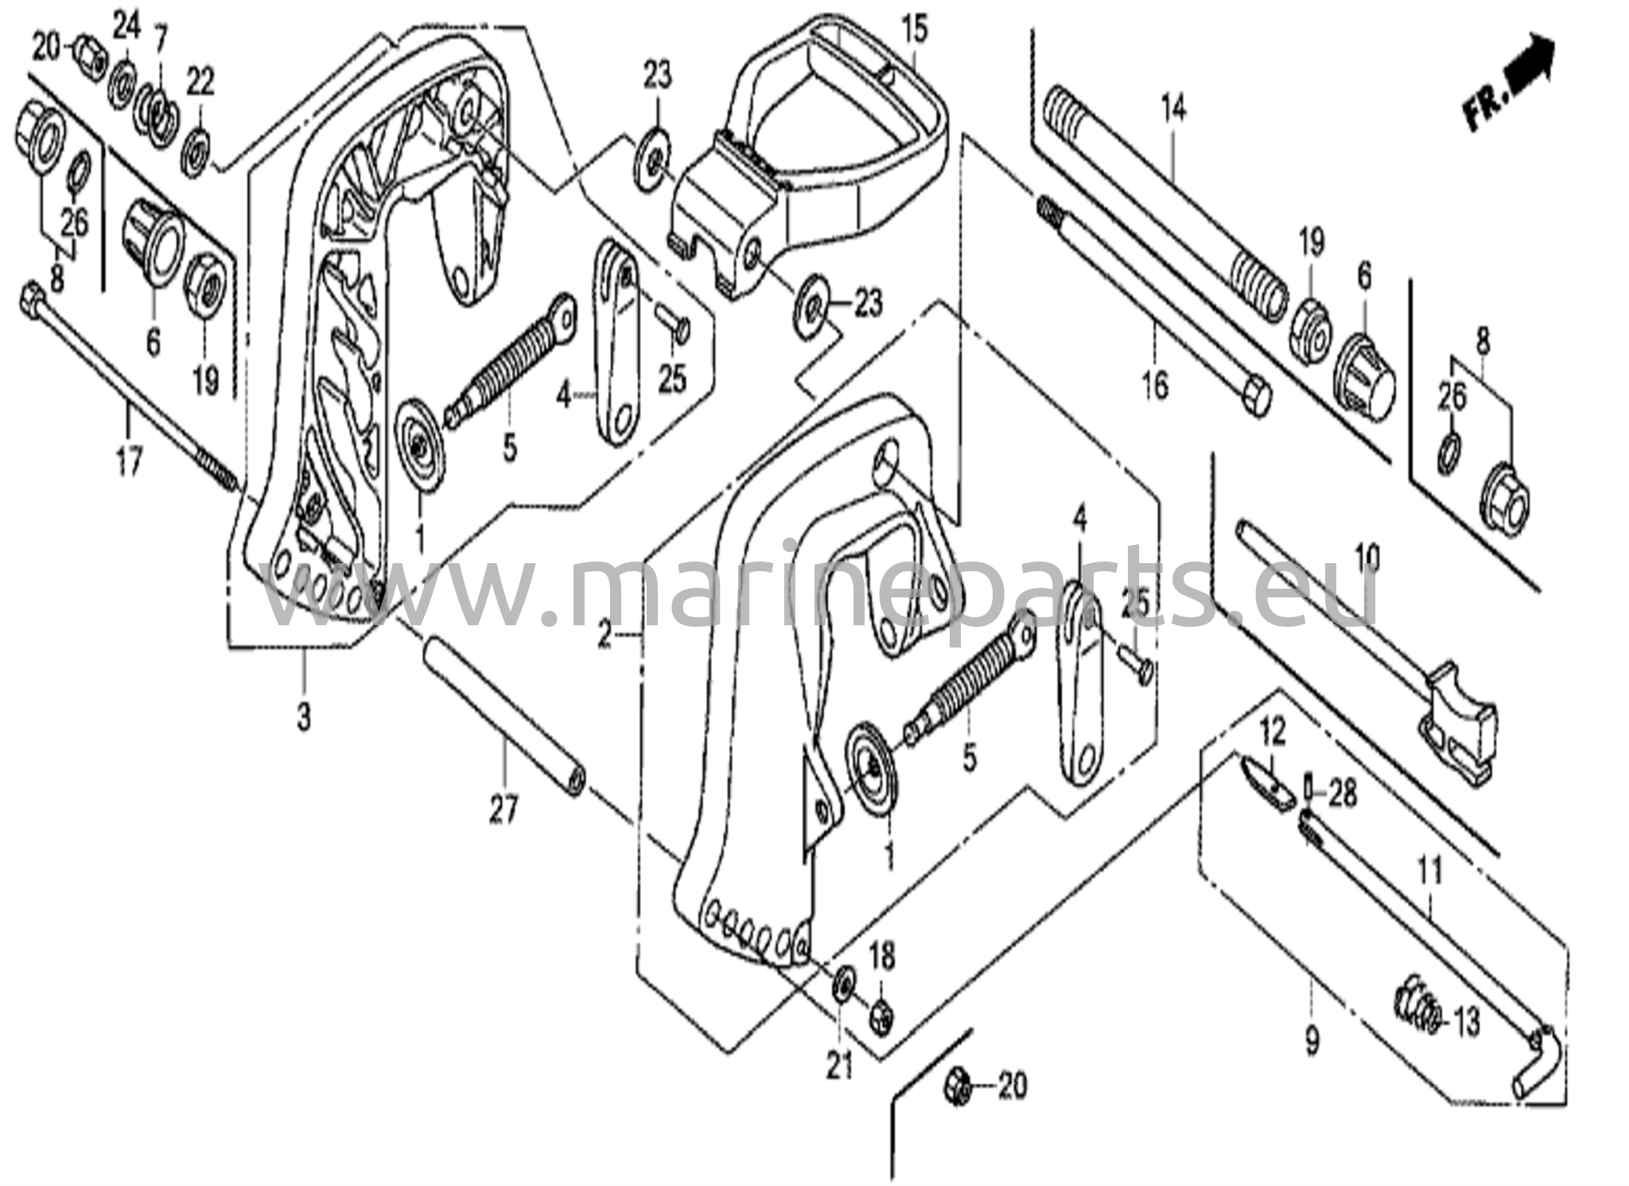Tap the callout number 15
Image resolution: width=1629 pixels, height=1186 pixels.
point(914,31)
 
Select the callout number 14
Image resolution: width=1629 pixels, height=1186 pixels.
point(1173,108)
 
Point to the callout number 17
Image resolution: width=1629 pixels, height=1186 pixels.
point(129,461)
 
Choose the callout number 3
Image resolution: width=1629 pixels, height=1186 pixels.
point(304,717)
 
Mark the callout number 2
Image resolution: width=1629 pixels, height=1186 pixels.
point(605,636)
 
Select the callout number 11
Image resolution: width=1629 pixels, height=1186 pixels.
point(1430,874)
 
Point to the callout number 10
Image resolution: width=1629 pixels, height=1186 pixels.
point(1367,558)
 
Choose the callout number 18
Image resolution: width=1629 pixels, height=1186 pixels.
point(882,955)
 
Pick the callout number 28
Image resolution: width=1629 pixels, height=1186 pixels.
point(1342,795)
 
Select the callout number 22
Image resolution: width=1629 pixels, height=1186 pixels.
point(200,81)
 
